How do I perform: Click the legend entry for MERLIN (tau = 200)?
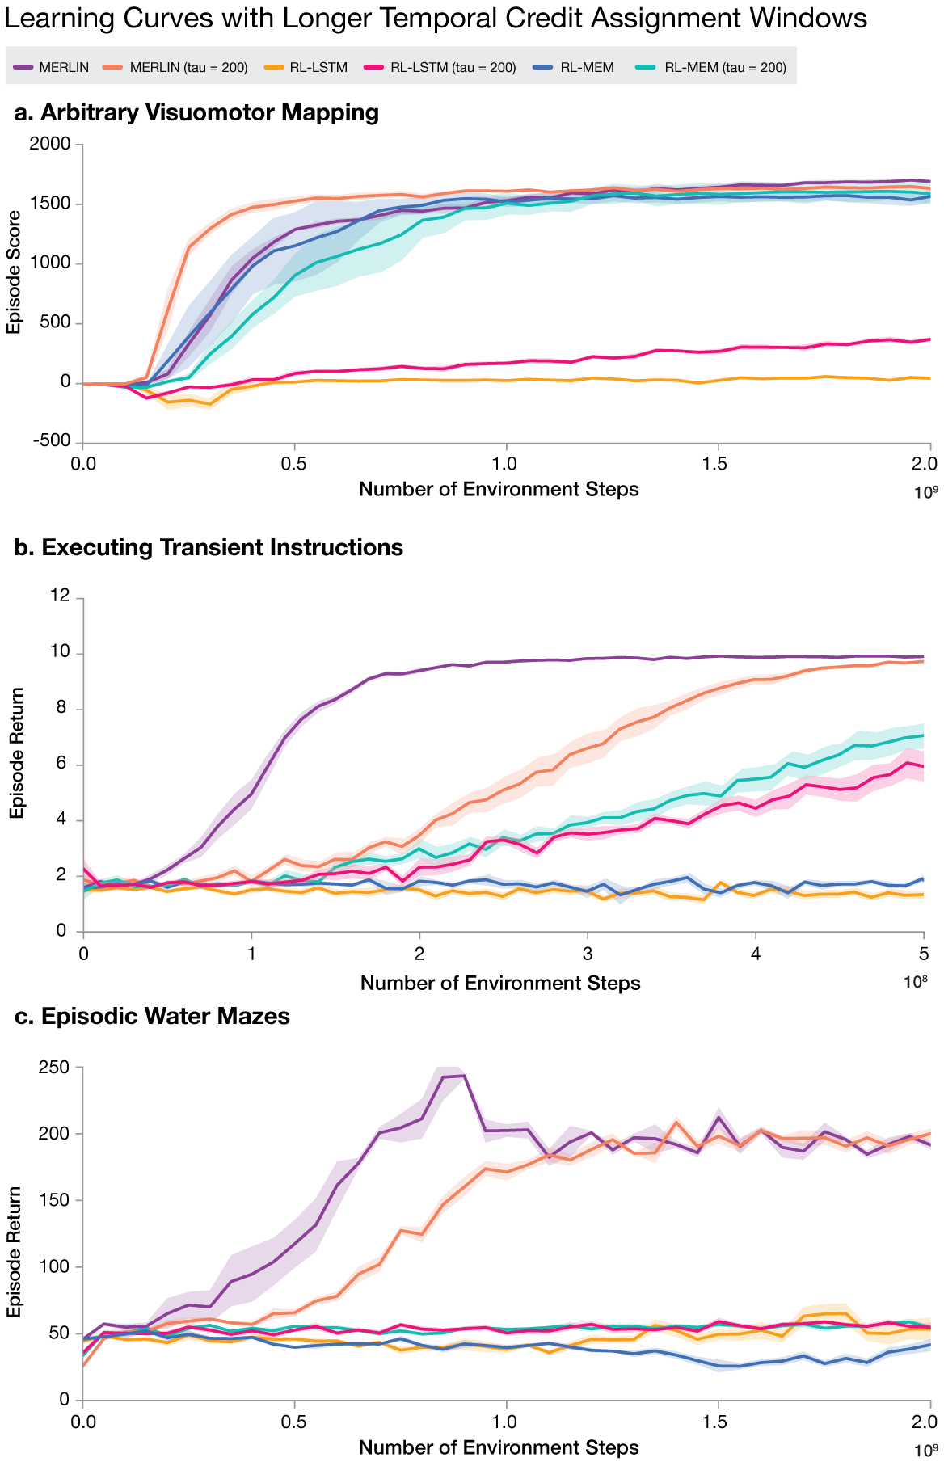pyautogui.click(x=188, y=67)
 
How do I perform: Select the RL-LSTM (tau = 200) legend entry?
pyautogui.click(x=453, y=67)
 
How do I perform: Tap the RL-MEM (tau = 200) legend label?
pyautogui.click(x=725, y=67)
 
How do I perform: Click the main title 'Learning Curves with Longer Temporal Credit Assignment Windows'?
pyautogui.click(x=436, y=18)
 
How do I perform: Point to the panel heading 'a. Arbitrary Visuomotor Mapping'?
pyautogui.click(x=197, y=112)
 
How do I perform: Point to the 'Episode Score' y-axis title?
pyautogui.click(x=14, y=272)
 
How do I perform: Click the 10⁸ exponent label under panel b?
pyautogui.click(x=915, y=983)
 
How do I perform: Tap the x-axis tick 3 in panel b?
pyautogui.click(x=588, y=954)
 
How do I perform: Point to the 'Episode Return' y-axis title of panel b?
pyautogui.click(x=16, y=752)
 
